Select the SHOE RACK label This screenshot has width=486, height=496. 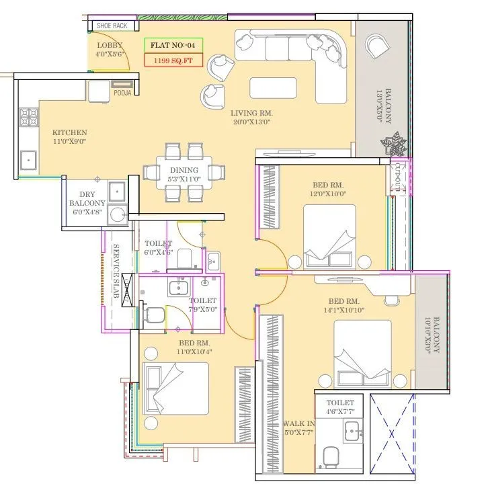coord(112,26)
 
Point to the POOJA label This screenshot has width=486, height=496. coord(122,93)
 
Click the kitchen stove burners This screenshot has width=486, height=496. coord(28,118)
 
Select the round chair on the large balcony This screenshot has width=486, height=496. coord(376,48)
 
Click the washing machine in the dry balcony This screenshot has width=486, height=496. coord(118,215)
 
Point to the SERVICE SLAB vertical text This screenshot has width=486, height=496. coord(116,272)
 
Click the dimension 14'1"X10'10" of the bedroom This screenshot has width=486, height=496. coord(346,311)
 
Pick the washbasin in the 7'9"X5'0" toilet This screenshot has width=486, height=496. coord(178,288)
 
